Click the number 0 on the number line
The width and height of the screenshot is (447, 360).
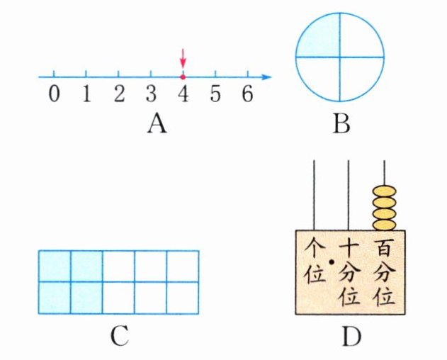click(x=54, y=95)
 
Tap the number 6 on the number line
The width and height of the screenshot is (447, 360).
click(x=247, y=95)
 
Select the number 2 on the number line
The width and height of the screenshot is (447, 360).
click(x=118, y=95)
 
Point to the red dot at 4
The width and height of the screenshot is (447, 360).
click(x=183, y=76)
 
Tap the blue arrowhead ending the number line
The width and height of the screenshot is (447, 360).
click(x=266, y=76)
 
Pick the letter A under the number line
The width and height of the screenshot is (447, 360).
click(x=157, y=125)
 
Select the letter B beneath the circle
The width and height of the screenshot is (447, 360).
click(x=341, y=125)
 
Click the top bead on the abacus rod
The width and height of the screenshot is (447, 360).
click(x=385, y=191)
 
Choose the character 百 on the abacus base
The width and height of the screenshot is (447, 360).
click(x=385, y=249)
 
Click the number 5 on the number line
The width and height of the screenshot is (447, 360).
click(x=215, y=95)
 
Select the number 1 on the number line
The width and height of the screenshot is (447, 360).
click(x=86, y=95)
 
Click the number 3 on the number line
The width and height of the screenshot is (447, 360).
click(x=150, y=95)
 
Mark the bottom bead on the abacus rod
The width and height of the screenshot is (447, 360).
click(x=385, y=225)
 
